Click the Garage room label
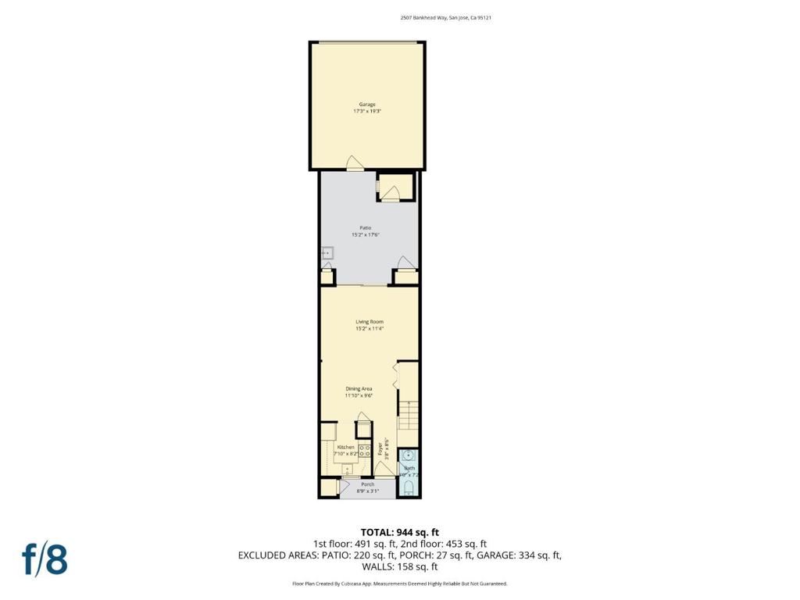tap(367, 104)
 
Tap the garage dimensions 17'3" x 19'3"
tap(367, 112)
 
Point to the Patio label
tap(366, 227)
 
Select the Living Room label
tap(370, 321)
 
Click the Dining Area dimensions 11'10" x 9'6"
tap(359, 395)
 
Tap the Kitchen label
tap(345, 447)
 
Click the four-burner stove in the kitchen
tap(364, 451)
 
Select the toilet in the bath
tap(408, 489)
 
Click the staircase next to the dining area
tap(408, 414)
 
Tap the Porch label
tap(367, 484)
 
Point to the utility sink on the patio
tap(327, 252)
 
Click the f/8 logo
tap(45, 559)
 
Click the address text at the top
tap(445, 17)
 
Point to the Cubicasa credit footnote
tap(399, 584)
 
